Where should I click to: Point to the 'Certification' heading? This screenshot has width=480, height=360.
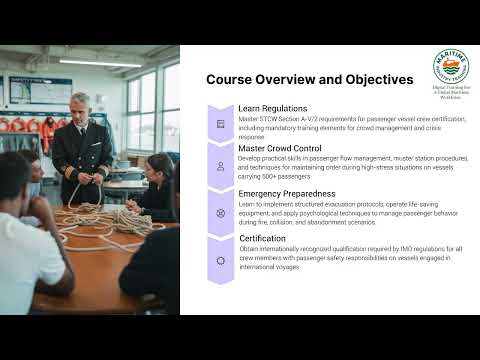[261, 240]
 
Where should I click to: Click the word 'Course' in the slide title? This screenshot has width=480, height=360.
[232, 79]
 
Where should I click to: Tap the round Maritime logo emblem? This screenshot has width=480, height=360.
[451, 67]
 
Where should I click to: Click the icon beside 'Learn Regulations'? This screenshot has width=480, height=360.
[220, 124]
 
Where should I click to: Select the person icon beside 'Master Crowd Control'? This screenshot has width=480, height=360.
[220, 169]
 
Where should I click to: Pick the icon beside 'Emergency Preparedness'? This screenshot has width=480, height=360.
[220, 214]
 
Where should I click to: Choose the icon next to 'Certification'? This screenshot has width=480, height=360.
[220, 260]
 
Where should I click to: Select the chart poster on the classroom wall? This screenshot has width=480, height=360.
[40, 90]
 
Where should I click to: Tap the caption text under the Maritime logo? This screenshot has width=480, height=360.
[451, 93]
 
